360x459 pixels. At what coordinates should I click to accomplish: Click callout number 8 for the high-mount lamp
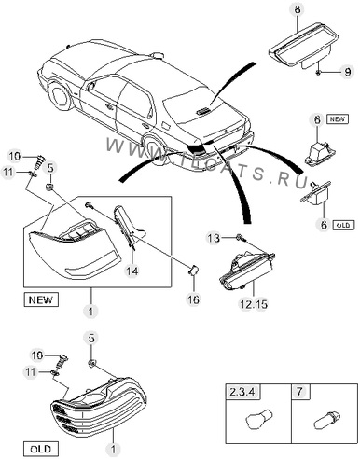click(x=298, y=9)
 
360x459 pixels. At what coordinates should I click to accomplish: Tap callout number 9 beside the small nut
click(x=347, y=72)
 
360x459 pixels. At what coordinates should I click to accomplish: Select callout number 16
click(x=193, y=299)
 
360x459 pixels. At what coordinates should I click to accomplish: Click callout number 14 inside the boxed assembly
click(x=132, y=271)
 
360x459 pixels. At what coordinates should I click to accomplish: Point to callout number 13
click(x=214, y=238)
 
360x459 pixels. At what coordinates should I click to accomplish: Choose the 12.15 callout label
click(x=254, y=304)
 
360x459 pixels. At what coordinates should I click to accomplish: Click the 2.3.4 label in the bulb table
click(x=242, y=392)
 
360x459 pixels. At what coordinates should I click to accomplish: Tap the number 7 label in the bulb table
click(x=299, y=392)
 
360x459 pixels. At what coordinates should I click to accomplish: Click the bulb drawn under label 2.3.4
click(x=260, y=419)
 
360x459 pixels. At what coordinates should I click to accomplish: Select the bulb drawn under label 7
click(x=326, y=420)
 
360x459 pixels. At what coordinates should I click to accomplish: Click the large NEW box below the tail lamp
click(x=41, y=299)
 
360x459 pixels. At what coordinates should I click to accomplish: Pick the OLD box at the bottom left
click(x=41, y=449)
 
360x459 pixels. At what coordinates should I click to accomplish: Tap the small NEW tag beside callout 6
click(x=338, y=119)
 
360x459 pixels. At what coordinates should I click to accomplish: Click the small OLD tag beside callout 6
click(x=343, y=225)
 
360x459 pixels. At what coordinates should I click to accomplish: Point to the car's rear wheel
click(x=155, y=150)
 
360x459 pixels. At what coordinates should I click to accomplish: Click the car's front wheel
click(x=59, y=96)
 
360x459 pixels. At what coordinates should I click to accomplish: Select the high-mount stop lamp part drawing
click(x=301, y=45)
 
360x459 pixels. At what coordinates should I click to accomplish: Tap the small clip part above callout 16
click(x=193, y=270)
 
